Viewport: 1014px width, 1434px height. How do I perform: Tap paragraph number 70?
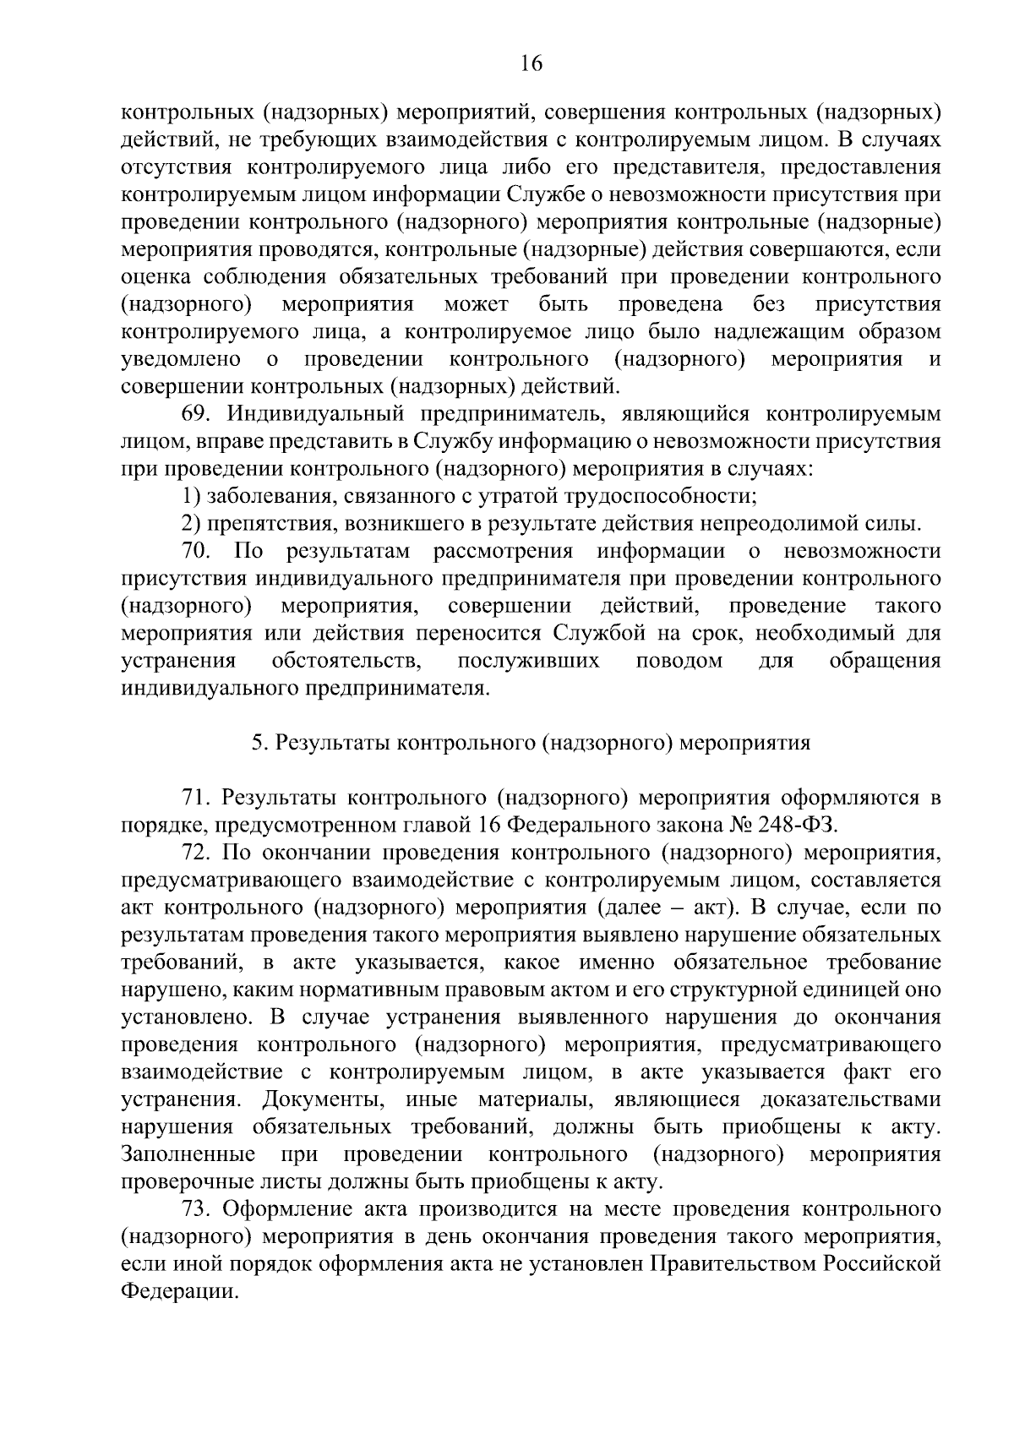[x=195, y=552]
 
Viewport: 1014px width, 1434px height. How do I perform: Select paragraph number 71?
[x=195, y=797]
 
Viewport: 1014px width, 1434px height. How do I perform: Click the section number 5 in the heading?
[x=257, y=743]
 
